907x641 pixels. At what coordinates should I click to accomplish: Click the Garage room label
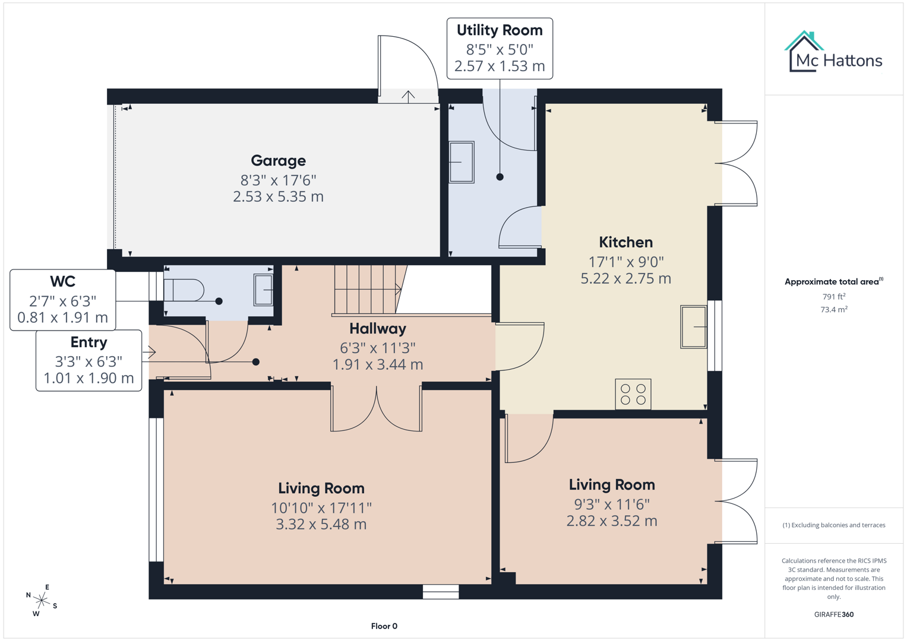tap(278, 161)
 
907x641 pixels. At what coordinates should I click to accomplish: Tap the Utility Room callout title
tap(499, 30)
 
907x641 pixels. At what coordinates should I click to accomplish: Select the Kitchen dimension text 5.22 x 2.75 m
tap(625, 278)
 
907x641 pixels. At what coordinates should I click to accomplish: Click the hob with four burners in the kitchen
tap(633, 394)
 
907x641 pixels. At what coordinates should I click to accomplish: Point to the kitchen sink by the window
tap(693, 326)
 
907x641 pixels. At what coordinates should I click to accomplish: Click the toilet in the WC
tap(184, 290)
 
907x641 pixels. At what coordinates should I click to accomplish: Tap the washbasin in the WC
tap(263, 290)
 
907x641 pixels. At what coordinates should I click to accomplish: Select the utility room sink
tap(462, 162)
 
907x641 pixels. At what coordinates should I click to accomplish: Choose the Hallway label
tap(377, 329)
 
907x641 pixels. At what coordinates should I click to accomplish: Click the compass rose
tap(41, 601)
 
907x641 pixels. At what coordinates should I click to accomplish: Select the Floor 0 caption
tap(384, 626)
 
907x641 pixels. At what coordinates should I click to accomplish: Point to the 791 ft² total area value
tap(833, 296)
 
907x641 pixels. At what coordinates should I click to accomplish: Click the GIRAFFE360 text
tap(833, 614)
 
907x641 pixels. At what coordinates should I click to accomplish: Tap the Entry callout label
tap(89, 342)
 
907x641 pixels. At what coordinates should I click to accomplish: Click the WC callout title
tap(62, 281)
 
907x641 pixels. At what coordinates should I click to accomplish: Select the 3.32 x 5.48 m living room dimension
tap(321, 525)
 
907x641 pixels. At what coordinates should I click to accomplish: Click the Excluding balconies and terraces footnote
tap(833, 525)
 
